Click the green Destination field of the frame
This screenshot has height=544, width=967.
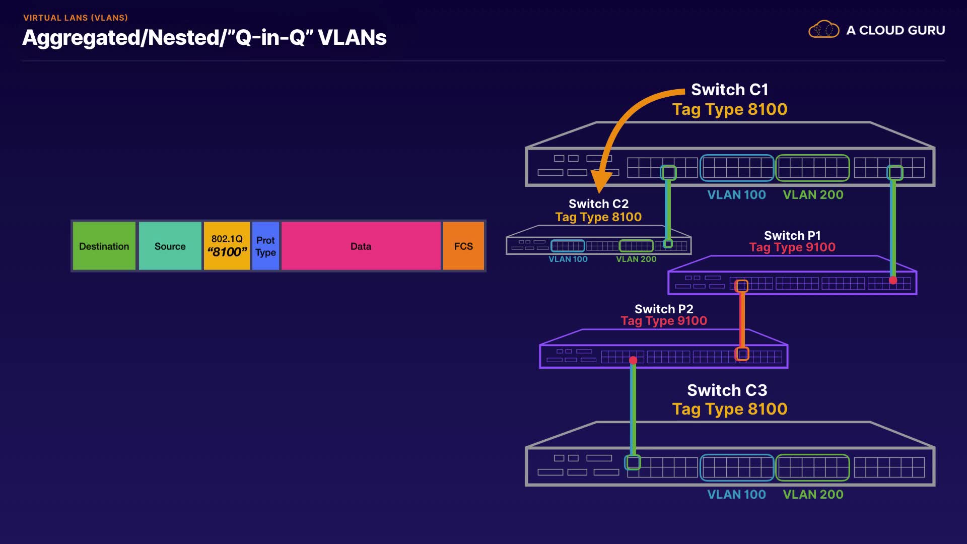click(x=104, y=246)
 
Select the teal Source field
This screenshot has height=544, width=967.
click(x=170, y=246)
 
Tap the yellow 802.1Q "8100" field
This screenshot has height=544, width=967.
click(x=227, y=246)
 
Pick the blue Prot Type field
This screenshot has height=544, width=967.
click(x=265, y=246)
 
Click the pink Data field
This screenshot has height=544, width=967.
click(x=361, y=246)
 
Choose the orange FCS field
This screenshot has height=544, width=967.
click(x=463, y=246)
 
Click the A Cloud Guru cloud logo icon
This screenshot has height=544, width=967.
click(x=823, y=30)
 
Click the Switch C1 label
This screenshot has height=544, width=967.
click(x=729, y=90)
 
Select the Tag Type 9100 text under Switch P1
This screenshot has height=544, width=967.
click(x=792, y=247)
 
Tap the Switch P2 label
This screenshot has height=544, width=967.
click(x=664, y=309)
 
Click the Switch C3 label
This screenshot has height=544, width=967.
click(x=727, y=390)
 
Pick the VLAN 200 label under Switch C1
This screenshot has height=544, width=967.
click(x=813, y=195)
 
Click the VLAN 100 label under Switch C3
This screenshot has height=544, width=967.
click(x=736, y=495)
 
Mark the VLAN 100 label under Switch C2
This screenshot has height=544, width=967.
click(x=568, y=259)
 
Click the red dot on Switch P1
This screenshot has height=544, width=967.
click(x=893, y=281)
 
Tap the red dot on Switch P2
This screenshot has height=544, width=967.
click(x=633, y=360)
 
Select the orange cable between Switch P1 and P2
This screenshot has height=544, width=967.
click(x=742, y=320)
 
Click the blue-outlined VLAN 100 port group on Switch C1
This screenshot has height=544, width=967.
click(x=737, y=168)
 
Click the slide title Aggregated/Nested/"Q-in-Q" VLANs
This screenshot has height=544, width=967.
click(x=204, y=38)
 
